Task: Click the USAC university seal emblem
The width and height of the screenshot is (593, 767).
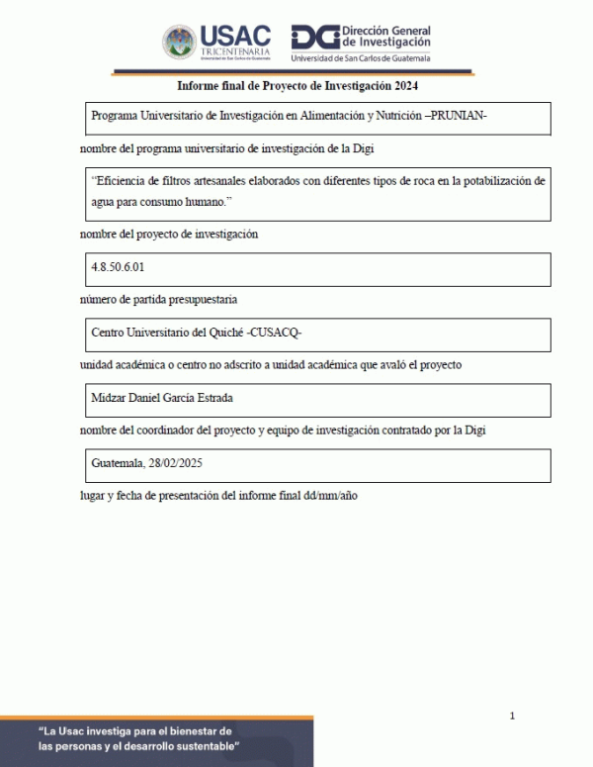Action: coord(180,42)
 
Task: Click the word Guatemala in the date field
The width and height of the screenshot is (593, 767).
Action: coord(117,463)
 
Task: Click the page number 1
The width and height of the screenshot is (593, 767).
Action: coord(512,716)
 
